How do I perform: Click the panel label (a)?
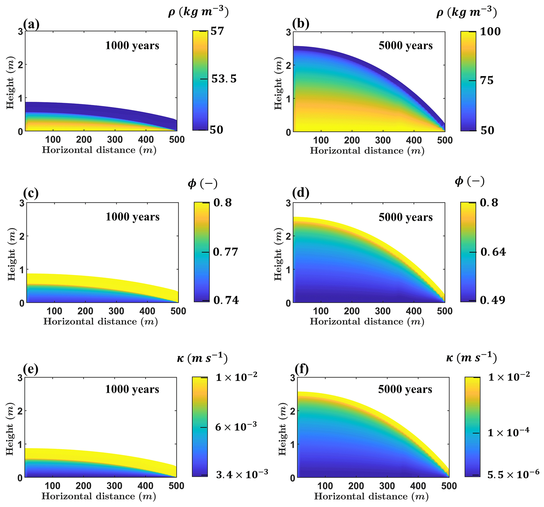click(31, 24)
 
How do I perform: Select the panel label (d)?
click(301, 193)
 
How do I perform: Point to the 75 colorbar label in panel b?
click(487, 80)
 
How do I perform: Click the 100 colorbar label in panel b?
click(490, 32)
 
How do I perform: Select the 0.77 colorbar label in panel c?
click(226, 252)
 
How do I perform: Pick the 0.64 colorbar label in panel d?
click(493, 252)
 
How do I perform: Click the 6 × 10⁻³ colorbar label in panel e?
click(236, 427)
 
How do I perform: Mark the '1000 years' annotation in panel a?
click(132, 45)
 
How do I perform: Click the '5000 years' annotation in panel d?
click(406, 217)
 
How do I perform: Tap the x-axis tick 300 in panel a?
click(115, 140)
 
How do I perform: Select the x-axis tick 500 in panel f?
click(449, 486)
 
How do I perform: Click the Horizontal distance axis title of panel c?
click(101, 321)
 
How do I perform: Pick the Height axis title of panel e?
click(10, 429)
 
